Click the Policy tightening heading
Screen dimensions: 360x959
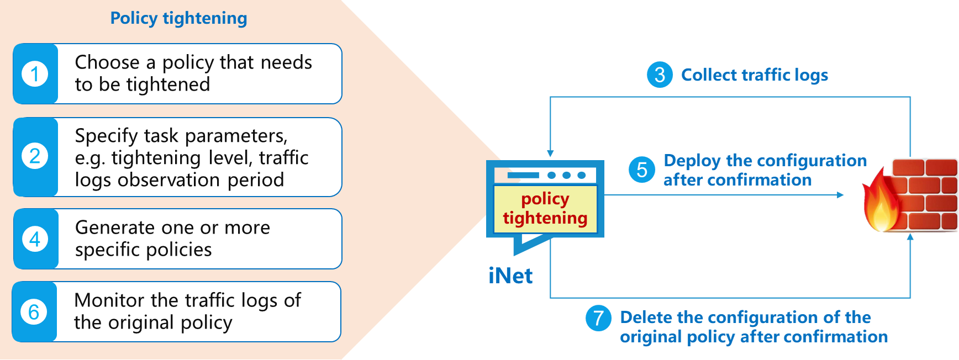[x=178, y=18]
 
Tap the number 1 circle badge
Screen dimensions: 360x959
[x=35, y=73]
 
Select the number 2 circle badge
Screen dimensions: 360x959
[x=35, y=156]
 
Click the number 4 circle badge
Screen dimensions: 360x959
[x=35, y=239]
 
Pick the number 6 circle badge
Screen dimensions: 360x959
[x=34, y=312]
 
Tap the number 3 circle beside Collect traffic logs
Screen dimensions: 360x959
[x=660, y=75]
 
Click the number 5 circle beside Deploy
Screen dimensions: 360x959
[x=642, y=170]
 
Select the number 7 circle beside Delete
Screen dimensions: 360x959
[x=598, y=318]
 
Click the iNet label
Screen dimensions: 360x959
[x=510, y=276]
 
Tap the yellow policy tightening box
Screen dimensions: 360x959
[x=545, y=209]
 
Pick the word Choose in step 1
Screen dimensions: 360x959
[x=107, y=62]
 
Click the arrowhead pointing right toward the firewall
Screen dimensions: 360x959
[x=840, y=195]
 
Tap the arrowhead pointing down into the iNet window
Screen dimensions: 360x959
[x=550, y=153]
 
